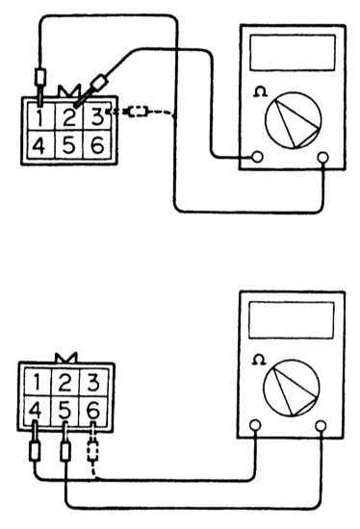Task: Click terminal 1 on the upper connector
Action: [40, 116]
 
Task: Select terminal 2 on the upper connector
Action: [69, 116]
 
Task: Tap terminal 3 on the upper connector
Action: [97, 116]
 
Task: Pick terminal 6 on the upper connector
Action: [97, 145]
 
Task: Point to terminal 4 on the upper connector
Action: [40, 145]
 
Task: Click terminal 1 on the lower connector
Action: [38, 383]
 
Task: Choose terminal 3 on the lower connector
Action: [93, 383]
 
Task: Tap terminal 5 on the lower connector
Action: [65, 411]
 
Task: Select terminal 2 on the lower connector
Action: [65, 383]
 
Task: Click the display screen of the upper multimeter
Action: [293, 53]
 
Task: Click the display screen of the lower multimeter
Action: [292, 320]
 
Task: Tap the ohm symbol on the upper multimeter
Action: [260, 91]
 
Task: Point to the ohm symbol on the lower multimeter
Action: [259, 360]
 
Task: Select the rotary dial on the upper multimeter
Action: [293, 120]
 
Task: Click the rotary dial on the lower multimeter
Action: [291, 388]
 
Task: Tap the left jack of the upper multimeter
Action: [257, 156]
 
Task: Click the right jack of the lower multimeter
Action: [321, 426]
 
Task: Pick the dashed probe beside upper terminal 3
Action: [138, 112]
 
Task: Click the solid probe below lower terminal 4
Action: [35, 452]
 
